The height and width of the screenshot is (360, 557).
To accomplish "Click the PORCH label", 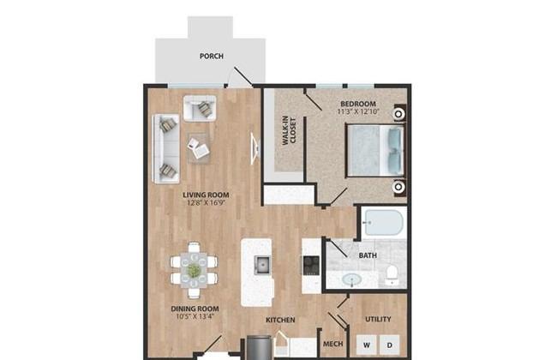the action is click(212, 57).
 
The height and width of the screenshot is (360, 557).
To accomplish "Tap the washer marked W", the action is click(367, 345).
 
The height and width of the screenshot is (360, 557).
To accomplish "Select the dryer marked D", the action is click(390, 345).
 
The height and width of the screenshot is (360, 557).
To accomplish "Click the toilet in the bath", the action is click(392, 275).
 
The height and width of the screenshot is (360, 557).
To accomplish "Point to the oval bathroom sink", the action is click(352, 279).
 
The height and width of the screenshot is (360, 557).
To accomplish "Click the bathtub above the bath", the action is click(384, 223).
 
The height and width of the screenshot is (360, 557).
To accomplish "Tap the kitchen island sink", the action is click(262, 265).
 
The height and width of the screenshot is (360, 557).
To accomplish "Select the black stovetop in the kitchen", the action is click(311, 266).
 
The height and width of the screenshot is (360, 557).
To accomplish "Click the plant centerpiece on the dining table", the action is click(194, 270).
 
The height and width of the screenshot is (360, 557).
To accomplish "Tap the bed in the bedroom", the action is click(375, 150).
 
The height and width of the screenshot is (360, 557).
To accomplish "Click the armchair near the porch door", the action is click(200, 108).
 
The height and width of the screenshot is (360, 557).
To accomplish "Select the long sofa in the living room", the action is click(166, 148).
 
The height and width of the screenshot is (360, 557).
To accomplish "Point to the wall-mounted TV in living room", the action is click(255, 148).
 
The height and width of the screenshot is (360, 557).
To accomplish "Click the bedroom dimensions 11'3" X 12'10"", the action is click(358, 111).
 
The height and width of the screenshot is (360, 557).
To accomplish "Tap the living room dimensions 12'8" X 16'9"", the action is click(206, 203).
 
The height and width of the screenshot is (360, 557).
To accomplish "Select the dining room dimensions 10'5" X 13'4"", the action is click(195, 316).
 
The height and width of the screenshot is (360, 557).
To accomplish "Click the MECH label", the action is click(332, 344).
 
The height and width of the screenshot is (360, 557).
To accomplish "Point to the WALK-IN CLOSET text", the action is click(289, 131).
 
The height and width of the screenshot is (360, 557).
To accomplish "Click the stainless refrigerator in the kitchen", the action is click(260, 347).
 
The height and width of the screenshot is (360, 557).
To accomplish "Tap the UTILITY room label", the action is click(378, 319).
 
